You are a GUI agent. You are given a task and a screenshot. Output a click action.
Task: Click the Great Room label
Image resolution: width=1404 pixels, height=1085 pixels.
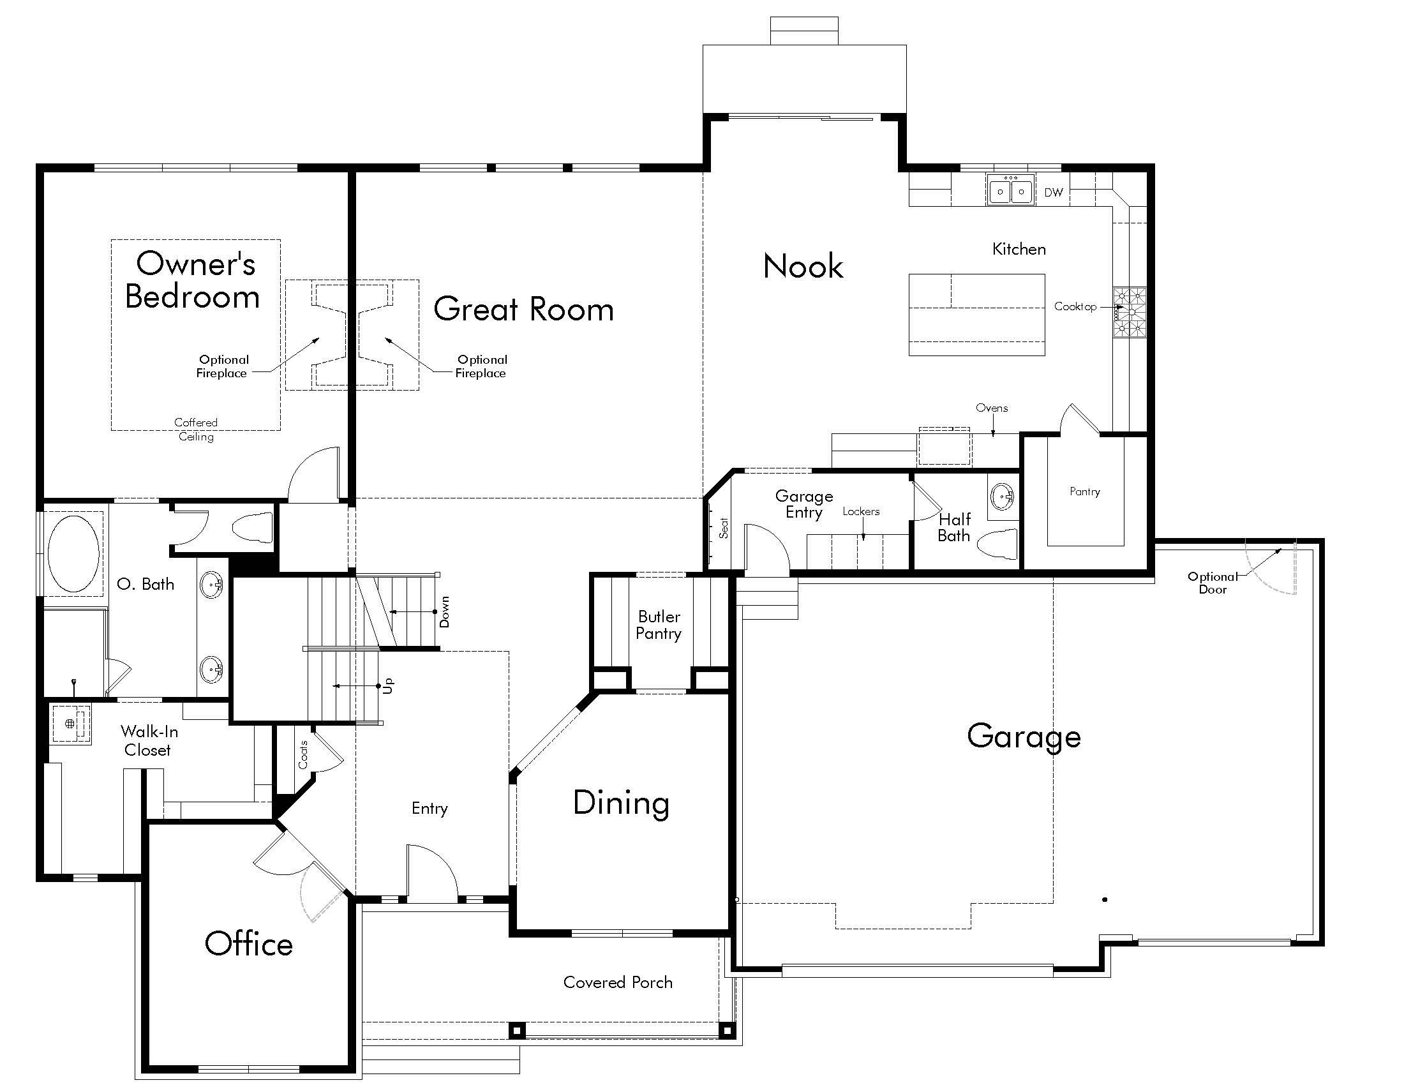click(x=523, y=309)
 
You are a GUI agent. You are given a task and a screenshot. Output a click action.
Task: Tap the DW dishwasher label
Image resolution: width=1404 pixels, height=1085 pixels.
click(x=1053, y=192)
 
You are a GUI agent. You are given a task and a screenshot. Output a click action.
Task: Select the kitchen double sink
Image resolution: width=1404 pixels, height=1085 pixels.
click(x=1011, y=191)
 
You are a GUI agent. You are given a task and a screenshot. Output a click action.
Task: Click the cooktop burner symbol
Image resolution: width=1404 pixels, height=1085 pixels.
click(x=1130, y=312)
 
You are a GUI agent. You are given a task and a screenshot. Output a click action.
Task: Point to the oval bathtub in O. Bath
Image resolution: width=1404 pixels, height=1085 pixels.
click(x=73, y=553)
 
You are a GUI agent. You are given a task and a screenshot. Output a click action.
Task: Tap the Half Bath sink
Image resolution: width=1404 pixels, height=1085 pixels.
click(x=1001, y=496)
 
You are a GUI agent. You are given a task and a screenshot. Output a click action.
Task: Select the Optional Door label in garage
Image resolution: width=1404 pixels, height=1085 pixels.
click(x=1212, y=582)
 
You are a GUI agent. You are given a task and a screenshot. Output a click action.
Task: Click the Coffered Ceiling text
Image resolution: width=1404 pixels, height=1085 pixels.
click(x=196, y=429)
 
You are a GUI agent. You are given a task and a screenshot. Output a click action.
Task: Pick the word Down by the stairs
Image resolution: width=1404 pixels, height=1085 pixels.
click(x=444, y=611)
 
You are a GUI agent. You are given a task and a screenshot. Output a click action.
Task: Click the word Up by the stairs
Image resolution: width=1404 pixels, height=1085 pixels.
click(x=387, y=686)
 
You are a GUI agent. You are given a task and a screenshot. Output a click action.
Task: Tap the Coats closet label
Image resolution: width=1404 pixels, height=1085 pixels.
click(x=303, y=754)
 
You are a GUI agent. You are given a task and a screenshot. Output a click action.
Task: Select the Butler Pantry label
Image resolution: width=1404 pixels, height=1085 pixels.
click(x=659, y=625)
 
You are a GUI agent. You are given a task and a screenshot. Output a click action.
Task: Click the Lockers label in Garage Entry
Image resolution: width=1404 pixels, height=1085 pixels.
click(x=861, y=511)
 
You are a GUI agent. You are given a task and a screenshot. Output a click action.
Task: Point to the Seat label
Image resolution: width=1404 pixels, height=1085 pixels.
click(x=724, y=528)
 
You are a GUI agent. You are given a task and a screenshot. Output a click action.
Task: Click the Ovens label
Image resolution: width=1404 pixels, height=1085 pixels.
click(x=991, y=408)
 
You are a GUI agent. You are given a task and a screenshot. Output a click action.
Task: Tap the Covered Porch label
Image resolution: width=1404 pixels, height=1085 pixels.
click(x=618, y=982)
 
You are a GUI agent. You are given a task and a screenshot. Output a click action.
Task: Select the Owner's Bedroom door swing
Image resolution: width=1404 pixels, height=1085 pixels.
click(x=313, y=474)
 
